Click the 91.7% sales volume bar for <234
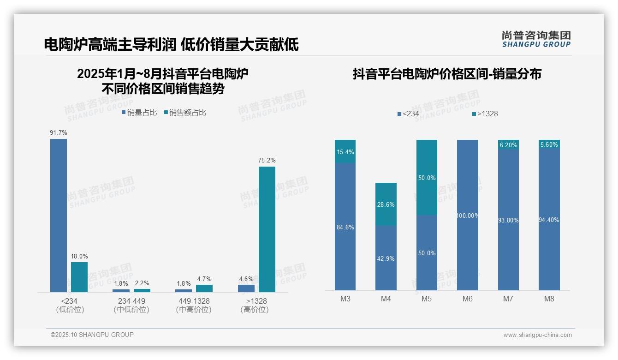click(x=59, y=215)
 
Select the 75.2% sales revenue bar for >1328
click(x=267, y=229)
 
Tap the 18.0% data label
click(x=79, y=256)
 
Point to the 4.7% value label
click(x=204, y=279)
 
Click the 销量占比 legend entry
click(x=139, y=112)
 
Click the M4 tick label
click(x=386, y=299)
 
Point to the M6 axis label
click(x=468, y=299)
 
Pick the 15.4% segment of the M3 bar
click(x=345, y=151)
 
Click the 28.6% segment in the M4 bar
click(x=386, y=204)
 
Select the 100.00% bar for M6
click(x=468, y=215)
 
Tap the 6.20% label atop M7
click(x=508, y=145)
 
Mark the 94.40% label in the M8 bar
click(x=549, y=220)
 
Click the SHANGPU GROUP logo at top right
click(x=536, y=39)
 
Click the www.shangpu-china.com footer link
click(x=537, y=335)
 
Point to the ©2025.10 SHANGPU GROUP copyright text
click(x=92, y=335)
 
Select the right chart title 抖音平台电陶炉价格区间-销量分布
click(x=447, y=74)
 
